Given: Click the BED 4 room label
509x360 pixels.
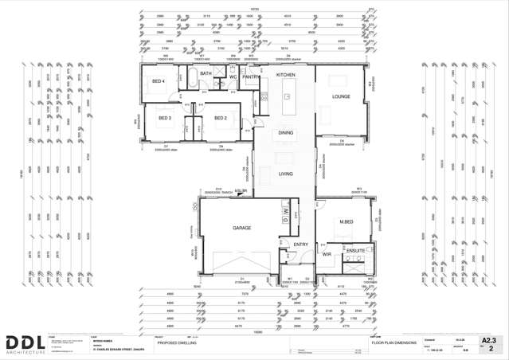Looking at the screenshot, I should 159,81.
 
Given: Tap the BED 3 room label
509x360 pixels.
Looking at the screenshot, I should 165,118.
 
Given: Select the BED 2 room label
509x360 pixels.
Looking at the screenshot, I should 221,118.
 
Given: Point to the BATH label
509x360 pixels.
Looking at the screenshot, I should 206,74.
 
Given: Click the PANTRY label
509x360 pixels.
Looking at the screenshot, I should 251,77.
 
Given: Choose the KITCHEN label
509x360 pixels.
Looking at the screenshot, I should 285,74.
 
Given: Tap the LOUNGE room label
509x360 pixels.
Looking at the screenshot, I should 341,97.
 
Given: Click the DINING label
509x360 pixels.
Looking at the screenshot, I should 285,133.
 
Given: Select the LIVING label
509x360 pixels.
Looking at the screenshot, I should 285,174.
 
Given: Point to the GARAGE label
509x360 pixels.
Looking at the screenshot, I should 242,228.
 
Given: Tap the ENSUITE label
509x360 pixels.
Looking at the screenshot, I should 355,251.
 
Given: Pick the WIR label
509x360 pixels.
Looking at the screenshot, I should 327,254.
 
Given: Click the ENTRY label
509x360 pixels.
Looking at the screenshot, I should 301,245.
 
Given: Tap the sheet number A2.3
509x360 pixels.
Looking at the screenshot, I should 488,340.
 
